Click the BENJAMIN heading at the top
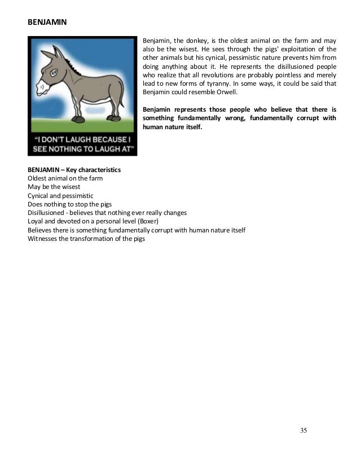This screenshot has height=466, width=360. click(47, 23)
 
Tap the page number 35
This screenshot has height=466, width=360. click(304, 430)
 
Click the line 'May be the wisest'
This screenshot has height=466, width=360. click(54, 187)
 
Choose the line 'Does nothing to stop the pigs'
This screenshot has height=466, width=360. click(69, 204)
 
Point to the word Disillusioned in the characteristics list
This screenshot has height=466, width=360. click(47, 213)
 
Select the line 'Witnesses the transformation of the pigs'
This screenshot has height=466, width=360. click(86, 239)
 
